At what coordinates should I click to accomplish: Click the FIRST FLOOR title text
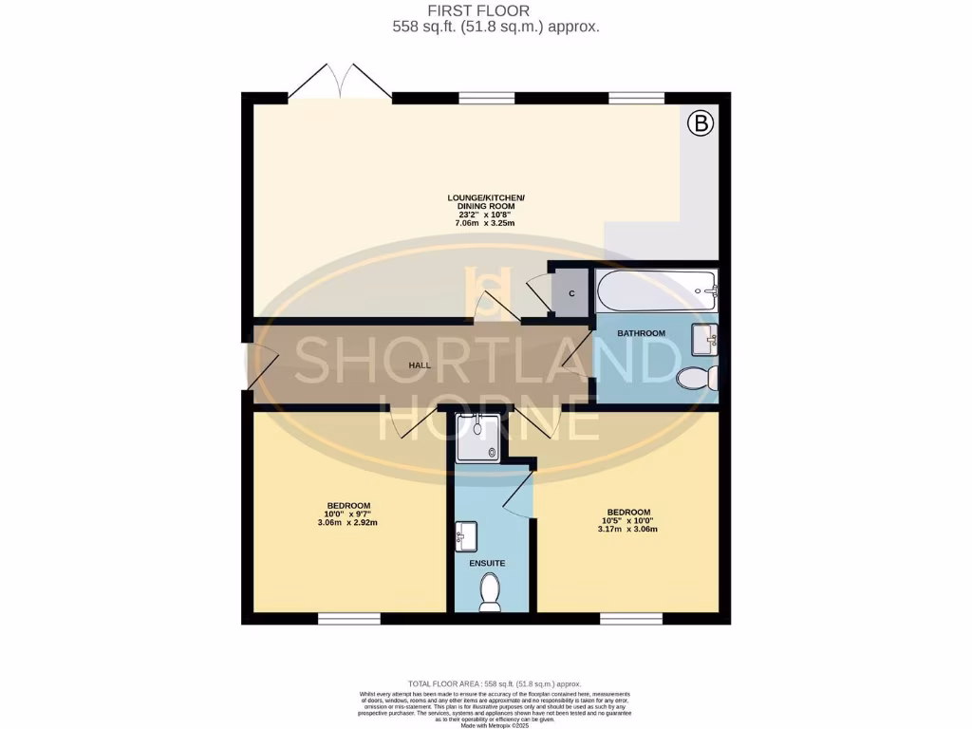click(485, 10)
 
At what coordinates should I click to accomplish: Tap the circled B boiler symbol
click(701, 122)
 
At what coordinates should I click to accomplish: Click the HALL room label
click(421, 365)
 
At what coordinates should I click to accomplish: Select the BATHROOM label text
click(641, 333)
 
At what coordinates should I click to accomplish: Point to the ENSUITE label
click(487, 563)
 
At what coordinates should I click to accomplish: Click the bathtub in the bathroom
click(656, 289)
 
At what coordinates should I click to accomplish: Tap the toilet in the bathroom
click(698, 379)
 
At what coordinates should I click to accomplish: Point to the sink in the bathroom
click(704, 337)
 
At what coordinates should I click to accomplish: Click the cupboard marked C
click(571, 293)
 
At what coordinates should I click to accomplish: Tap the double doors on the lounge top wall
click(339, 84)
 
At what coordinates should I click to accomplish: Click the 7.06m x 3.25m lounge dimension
click(485, 224)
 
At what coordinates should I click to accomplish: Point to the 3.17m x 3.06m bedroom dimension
click(627, 529)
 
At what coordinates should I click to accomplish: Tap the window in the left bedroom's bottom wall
click(348, 619)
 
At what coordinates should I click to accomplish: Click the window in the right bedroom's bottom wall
click(630, 619)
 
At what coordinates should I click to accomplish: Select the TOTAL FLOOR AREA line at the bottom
click(494, 683)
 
